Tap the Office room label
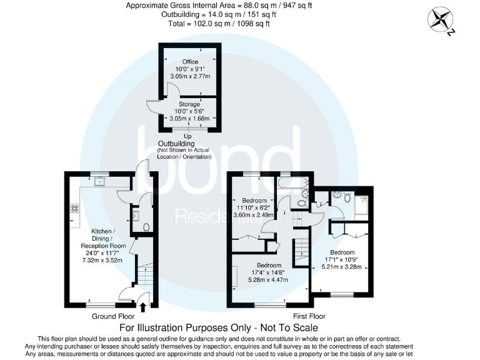pos(190,61)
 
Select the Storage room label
pos(189,104)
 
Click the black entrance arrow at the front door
pos(144,306)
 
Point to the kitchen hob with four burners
pos(75,207)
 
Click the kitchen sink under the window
pos(98,182)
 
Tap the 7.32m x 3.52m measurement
pos(109,260)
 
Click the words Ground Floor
pos(112,316)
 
